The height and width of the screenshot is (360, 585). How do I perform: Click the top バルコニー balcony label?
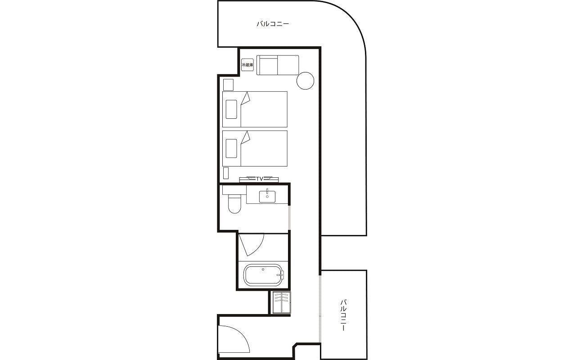point(273,24)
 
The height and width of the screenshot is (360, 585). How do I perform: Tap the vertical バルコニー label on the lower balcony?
point(343,315)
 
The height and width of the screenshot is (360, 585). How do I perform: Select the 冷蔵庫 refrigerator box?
point(247,65)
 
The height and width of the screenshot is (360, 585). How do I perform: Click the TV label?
point(259,179)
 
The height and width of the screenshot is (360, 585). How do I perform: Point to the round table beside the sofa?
point(305,81)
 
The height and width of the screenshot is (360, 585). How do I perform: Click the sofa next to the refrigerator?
point(278,65)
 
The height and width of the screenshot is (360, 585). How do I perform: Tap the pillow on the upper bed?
point(231,109)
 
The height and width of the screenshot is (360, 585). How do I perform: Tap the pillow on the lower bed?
point(231,148)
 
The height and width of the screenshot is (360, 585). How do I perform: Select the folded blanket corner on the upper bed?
point(245,98)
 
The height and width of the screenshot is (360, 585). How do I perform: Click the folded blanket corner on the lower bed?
point(245,137)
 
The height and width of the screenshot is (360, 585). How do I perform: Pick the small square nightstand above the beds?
point(228,85)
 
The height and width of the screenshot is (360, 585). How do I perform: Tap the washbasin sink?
point(267,197)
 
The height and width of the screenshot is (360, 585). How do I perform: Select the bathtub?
point(263,275)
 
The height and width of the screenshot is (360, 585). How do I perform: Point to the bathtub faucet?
point(280,274)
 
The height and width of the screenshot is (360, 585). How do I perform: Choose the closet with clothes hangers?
point(282,302)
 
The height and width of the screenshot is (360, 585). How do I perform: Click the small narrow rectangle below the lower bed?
point(226,173)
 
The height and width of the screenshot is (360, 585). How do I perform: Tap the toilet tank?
point(234,190)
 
